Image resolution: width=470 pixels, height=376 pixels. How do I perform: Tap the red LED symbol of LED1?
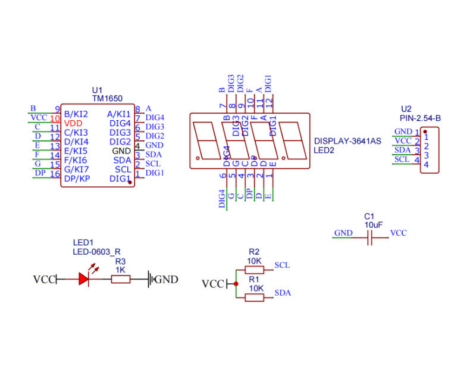click(x=83, y=279)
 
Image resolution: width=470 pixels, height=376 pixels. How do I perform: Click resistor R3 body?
click(x=120, y=279)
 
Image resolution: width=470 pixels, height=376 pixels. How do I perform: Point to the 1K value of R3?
click(x=120, y=270)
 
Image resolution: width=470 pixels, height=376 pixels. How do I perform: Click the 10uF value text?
click(x=374, y=225)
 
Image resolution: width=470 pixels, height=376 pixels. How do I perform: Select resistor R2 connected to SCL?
click(x=255, y=270)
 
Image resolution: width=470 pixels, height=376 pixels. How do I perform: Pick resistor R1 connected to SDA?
click(x=255, y=297)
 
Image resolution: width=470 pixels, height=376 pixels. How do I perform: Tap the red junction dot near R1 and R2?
click(x=236, y=284)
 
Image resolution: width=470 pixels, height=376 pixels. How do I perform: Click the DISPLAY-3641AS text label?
click(x=347, y=142)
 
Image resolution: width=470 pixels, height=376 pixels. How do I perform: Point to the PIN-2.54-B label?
click(x=421, y=118)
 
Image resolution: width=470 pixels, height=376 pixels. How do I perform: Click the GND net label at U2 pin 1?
click(x=403, y=132)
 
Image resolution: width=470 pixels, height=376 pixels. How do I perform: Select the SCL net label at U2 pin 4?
click(x=402, y=159)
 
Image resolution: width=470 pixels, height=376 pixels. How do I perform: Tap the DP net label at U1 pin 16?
click(x=40, y=173)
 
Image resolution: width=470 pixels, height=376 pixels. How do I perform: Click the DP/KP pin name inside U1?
click(x=77, y=178)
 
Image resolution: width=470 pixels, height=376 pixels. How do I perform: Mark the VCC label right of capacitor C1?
click(x=398, y=233)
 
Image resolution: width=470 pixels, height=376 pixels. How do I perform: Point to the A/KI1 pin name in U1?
click(x=118, y=114)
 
